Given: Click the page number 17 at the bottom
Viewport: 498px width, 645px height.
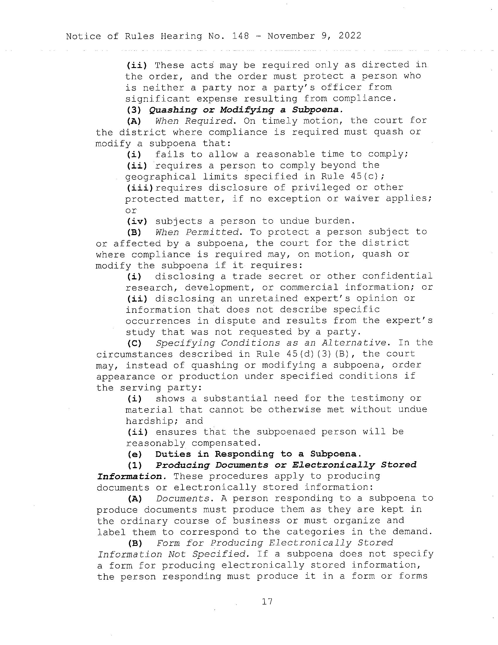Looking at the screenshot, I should pos(267,602).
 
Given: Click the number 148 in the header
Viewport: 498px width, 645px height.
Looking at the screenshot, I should pos(241,36).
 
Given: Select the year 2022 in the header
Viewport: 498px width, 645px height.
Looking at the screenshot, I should pos(350,36).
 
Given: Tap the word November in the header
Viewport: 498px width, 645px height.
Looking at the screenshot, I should pos(291,36).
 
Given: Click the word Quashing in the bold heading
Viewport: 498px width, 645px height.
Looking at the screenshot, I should pos(173,110).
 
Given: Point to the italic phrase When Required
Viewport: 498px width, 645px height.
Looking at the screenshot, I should pos(194,121).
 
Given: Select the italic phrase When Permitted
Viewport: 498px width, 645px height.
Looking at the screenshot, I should pos(197,232).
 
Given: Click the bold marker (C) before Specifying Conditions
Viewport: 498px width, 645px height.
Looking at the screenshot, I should pos(134,343).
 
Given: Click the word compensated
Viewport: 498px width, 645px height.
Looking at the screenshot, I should pos(226,443).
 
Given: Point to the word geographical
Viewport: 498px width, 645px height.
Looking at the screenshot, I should pos(161,176).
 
